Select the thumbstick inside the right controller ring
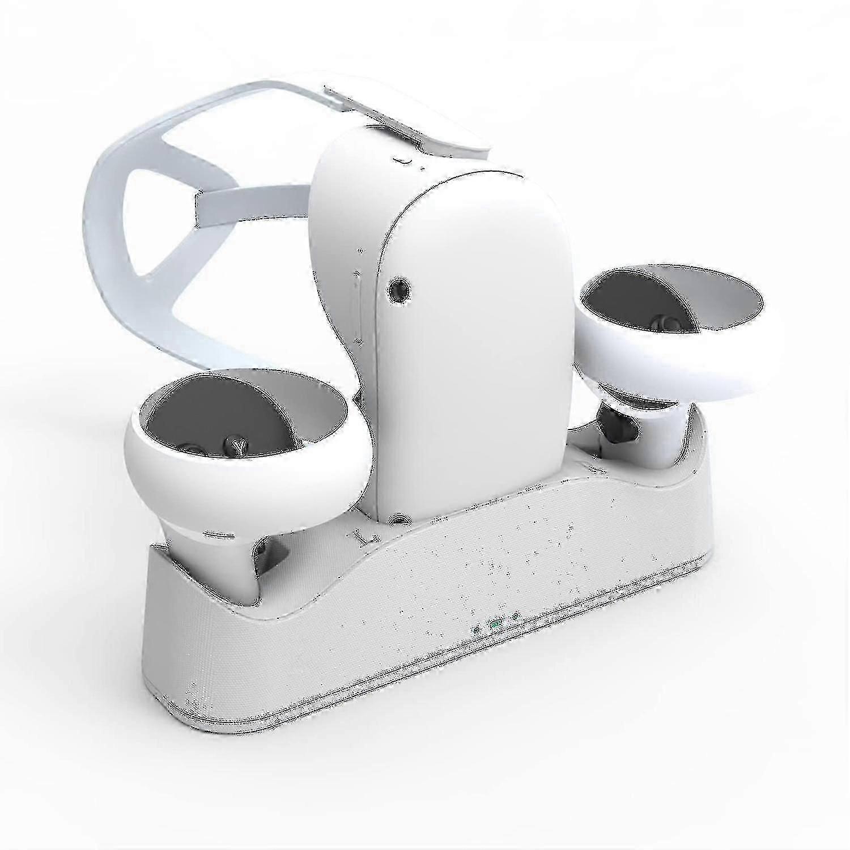click(x=662, y=322)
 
